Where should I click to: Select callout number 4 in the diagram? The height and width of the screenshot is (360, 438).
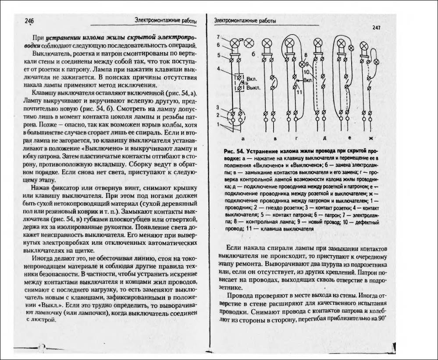coord(218,69)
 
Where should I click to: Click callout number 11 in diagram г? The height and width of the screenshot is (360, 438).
coord(299,92)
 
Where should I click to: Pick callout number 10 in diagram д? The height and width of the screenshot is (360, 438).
coord(306,71)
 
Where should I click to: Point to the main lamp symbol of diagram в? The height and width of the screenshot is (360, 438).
coord(266,43)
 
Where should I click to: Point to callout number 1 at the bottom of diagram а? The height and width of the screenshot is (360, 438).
coord(218,124)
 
